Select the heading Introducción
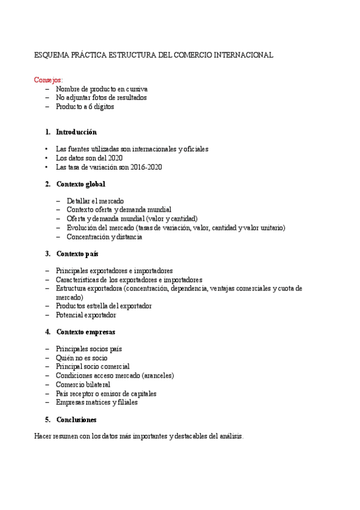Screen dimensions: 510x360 (76, 132)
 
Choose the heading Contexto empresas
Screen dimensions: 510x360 (85, 332)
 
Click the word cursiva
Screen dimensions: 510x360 (133, 89)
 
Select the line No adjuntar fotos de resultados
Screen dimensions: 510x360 (101, 97)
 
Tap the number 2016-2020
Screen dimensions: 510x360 (145, 167)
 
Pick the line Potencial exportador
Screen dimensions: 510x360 (86, 315)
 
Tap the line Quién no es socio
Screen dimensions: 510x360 (82, 357)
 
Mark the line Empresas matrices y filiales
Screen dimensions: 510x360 (97, 402)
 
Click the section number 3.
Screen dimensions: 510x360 (47, 254)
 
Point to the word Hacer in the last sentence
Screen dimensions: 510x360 (44, 437)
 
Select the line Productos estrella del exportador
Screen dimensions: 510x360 (103, 306)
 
